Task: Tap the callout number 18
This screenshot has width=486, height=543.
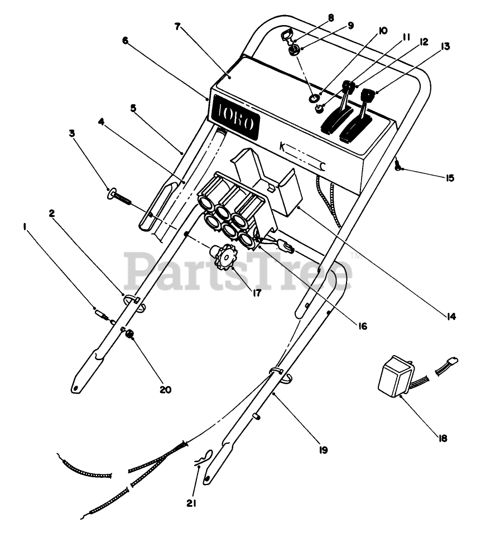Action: (x=443, y=438)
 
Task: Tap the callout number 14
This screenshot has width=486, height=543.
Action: (x=451, y=317)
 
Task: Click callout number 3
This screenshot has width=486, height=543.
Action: (x=72, y=133)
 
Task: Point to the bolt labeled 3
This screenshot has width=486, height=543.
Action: (x=120, y=196)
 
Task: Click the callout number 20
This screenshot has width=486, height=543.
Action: (x=165, y=390)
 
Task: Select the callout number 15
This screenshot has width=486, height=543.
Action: (x=450, y=178)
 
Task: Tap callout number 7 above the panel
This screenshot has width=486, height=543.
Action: (x=177, y=26)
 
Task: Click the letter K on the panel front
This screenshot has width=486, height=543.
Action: (x=282, y=147)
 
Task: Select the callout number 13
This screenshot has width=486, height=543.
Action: (x=445, y=47)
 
